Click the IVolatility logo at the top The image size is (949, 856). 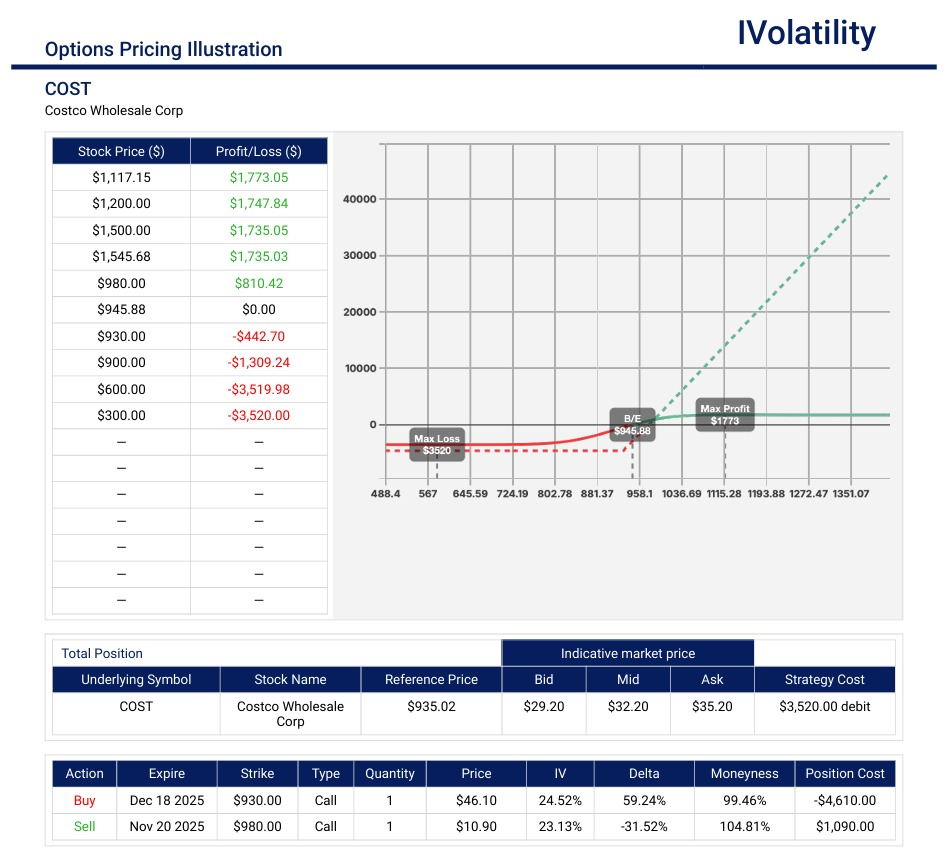(806, 34)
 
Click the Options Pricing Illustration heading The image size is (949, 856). (163, 49)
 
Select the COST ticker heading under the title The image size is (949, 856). (68, 89)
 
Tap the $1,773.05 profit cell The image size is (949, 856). (258, 177)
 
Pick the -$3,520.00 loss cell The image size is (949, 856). (258, 415)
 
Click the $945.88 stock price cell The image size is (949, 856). (121, 310)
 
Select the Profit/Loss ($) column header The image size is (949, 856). (258, 151)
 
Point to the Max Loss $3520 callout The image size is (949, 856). (437, 445)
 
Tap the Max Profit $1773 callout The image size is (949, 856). (725, 415)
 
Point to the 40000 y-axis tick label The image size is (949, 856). (359, 199)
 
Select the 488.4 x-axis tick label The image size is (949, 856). (385, 494)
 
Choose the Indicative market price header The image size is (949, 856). (627, 653)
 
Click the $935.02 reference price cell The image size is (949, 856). (430, 706)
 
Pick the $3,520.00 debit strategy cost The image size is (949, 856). (824, 706)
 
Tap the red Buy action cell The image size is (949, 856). (84, 800)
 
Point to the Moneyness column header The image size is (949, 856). (744, 773)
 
